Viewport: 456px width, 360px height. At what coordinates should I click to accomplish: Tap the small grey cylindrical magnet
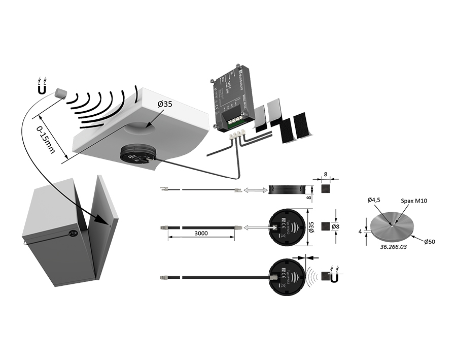[x=61, y=93]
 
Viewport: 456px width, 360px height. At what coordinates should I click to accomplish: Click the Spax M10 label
[x=413, y=201]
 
